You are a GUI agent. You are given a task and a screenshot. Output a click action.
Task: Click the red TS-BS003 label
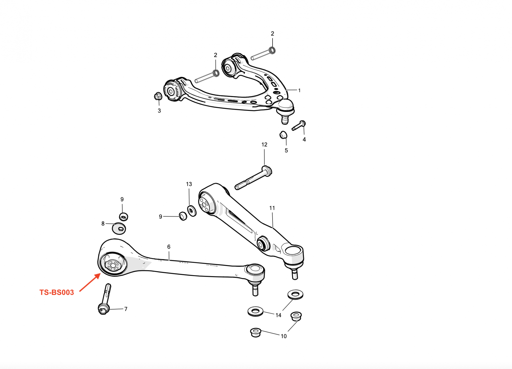pyautogui.click(x=57, y=292)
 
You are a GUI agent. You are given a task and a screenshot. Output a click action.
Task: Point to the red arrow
pyautogui.click(x=90, y=282)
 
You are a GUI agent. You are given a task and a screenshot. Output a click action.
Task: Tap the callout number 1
pyautogui.click(x=299, y=90)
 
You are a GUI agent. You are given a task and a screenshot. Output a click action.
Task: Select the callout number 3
pyautogui.click(x=159, y=111)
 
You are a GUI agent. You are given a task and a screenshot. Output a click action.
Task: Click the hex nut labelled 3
pyautogui.click(x=158, y=96)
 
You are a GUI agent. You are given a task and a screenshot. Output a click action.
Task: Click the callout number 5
pyautogui.click(x=286, y=150)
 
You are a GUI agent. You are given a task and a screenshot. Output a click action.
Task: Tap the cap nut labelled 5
pyautogui.click(x=283, y=135)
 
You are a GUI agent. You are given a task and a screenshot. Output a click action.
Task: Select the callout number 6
pyautogui.click(x=169, y=247)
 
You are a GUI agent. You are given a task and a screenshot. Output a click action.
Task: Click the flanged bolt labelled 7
pyautogui.click(x=105, y=299)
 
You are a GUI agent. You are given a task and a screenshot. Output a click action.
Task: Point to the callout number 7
pyautogui.click(x=126, y=309)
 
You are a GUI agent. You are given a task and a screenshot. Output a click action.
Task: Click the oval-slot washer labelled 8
pyautogui.click(x=119, y=228)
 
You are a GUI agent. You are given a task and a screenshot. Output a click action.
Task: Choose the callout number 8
pyautogui.click(x=103, y=223)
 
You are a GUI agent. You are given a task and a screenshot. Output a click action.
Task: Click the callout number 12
pyautogui.click(x=264, y=145)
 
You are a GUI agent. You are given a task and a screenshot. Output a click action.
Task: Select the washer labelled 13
pyautogui.click(x=192, y=211)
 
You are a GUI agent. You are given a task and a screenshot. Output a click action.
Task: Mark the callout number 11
pyautogui.click(x=272, y=208)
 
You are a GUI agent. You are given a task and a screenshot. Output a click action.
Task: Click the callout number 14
pyautogui.click(x=278, y=315)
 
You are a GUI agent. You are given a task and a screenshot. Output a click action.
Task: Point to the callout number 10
pyautogui.click(x=284, y=336)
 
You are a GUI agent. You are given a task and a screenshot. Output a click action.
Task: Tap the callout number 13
pyautogui.click(x=189, y=184)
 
